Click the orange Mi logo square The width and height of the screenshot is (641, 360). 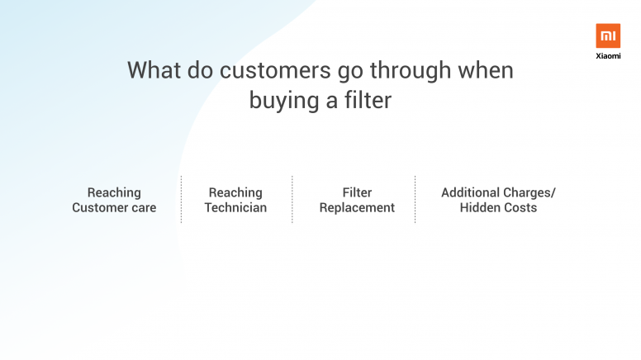[608, 36]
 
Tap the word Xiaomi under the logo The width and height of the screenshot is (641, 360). [608, 56]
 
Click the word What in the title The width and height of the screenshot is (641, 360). [154, 70]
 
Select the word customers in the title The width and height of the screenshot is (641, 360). [275, 70]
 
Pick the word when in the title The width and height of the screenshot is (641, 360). [486, 70]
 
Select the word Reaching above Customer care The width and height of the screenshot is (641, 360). [114, 193]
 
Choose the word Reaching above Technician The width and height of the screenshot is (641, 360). [235, 193]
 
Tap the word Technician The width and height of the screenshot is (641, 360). [235, 207]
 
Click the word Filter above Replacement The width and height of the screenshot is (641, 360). [357, 192]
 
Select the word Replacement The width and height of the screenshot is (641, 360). [357, 208]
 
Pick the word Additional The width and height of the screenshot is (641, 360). [471, 192]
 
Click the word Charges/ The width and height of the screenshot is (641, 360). [529, 193]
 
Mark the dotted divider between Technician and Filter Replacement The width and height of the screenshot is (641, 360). [292, 200]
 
